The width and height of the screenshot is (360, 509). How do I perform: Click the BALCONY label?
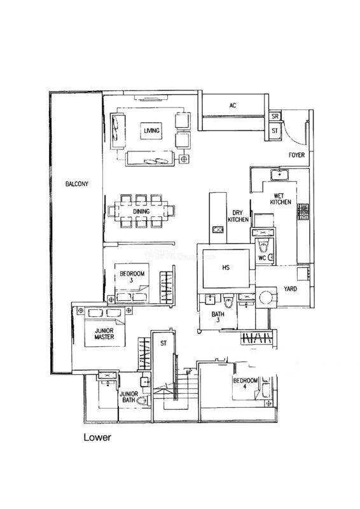[76, 184]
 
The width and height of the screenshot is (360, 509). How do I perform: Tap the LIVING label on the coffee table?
[151, 130]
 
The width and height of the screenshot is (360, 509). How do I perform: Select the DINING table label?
[141, 211]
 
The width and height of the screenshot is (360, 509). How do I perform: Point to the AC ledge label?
[233, 106]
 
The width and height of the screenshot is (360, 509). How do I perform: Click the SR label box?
[275, 116]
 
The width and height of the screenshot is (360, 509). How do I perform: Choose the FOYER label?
[296, 155]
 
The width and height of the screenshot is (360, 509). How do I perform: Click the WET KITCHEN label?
[280, 199]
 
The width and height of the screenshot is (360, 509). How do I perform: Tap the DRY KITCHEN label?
[238, 216]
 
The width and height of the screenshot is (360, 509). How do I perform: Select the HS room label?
[226, 267]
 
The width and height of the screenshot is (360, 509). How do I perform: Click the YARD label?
[290, 289]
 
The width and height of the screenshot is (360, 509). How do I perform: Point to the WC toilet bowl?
[263, 246]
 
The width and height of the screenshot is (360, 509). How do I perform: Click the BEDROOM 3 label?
[132, 277]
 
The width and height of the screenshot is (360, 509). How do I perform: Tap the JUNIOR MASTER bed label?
[104, 333]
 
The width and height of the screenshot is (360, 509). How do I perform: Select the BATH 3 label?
[218, 317]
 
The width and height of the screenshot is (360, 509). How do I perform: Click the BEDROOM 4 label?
[246, 383]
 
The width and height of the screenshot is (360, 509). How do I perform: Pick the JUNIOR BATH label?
[129, 397]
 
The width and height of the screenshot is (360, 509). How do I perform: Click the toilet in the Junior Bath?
[142, 401]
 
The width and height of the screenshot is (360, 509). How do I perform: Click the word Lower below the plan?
[97, 437]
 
